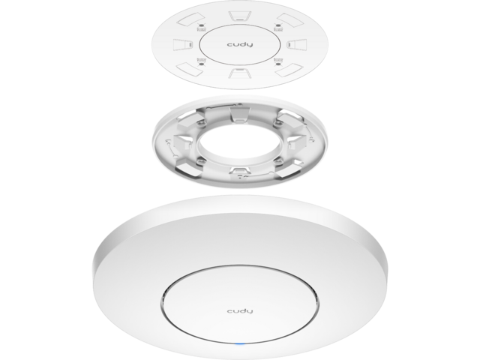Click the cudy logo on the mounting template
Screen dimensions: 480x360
(240, 45)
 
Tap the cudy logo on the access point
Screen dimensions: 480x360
(240, 311)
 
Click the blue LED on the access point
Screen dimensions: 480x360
(240, 344)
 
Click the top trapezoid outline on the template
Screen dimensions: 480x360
(240, 16)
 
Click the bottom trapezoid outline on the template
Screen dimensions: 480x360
(240, 73)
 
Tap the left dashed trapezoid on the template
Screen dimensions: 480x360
(182, 45)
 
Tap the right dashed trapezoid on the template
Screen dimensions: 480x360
(297, 45)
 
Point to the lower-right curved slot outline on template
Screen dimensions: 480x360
(289, 70)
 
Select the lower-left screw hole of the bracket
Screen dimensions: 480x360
(200, 160)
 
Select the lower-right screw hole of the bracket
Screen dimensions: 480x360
(278, 160)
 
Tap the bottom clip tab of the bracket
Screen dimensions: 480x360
(239, 170)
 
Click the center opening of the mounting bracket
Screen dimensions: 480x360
(240, 142)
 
